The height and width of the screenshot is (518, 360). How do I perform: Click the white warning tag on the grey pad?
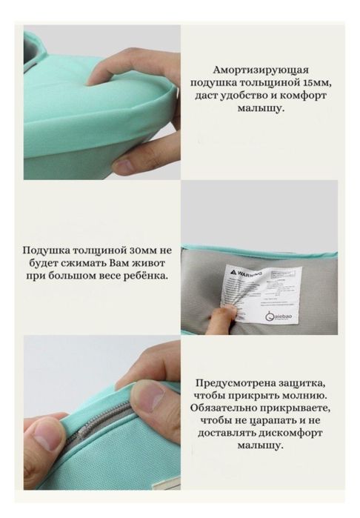(x=264, y=293)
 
